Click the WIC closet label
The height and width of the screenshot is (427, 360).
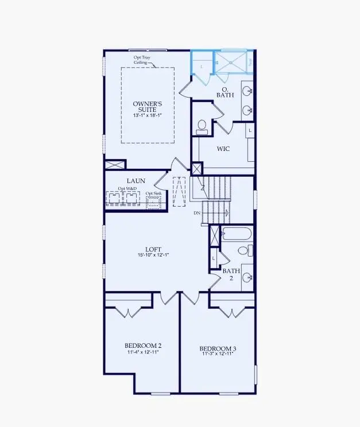223,148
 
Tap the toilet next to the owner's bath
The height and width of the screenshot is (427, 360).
202,127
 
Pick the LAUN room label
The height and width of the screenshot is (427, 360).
136,180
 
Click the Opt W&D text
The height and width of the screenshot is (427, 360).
126,189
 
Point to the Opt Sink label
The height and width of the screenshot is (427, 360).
153,194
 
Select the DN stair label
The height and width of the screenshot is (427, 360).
196,212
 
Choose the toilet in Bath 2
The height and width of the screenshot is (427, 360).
242,251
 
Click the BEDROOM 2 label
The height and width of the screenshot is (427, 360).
142,346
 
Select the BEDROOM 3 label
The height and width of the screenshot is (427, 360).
217,348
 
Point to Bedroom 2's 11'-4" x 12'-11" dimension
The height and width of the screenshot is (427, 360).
142,352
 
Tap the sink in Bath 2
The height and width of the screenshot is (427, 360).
247,277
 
